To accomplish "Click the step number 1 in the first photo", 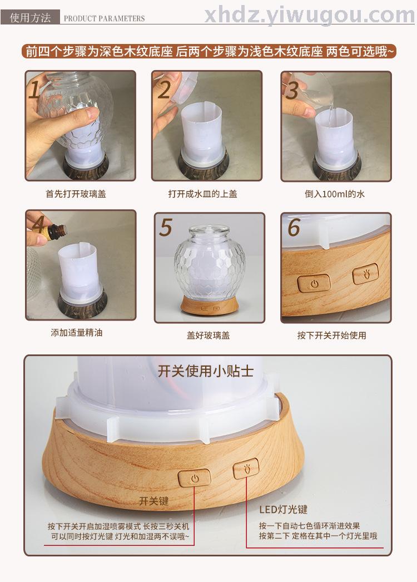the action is pyautogui.click(x=34, y=90).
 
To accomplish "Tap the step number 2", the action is pyautogui.click(x=164, y=90).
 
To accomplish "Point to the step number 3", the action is pyautogui.click(x=292, y=90).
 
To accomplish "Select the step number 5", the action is pyautogui.click(x=166, y=227).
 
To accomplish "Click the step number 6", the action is pyautogui.click(x=294, y=227).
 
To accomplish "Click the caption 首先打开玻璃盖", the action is pyautogui.click(x=76, y=194).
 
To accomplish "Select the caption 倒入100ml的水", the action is pyautogui.click(x=335, y=194).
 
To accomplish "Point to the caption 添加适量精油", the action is pyautogui.click(x=76, y=333).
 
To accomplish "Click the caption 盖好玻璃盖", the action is pyautogui.click(x=208, y=336).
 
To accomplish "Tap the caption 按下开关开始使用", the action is pyautogui.click(x=332, y=336).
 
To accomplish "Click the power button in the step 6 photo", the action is pyautogui.click(x=314, y=284).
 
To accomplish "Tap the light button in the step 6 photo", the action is pyautogui.click(x=365, y=274).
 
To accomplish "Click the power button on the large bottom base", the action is pyautogui.click(x=195, y=479).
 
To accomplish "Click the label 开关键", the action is pyautogui.click(x=153, y=501).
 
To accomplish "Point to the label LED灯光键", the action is pyautogui.click(x=283, y=510).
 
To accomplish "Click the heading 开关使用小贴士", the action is pyautogui.click(x=206, y=371).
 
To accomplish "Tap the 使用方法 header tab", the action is pyautogui.click(x=30, y=17).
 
